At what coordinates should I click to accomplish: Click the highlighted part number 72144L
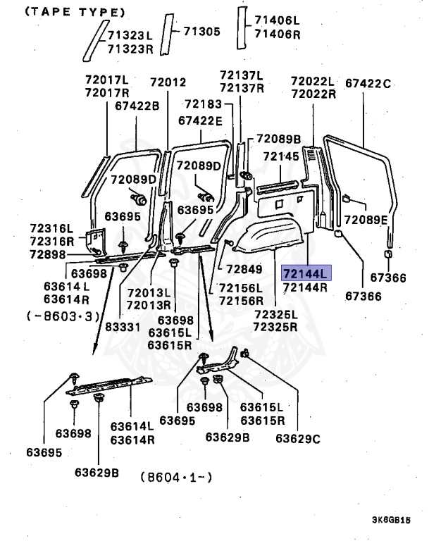305,273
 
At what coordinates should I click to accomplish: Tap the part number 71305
202,31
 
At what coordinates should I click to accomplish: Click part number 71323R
130,48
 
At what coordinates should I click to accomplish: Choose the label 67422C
367,84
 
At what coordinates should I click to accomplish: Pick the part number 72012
168,82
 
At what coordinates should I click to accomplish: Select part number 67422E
200,120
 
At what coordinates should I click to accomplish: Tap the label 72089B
278,139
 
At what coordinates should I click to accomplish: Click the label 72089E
366,220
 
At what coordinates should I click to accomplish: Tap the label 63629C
297,438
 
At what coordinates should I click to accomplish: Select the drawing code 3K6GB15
392,521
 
